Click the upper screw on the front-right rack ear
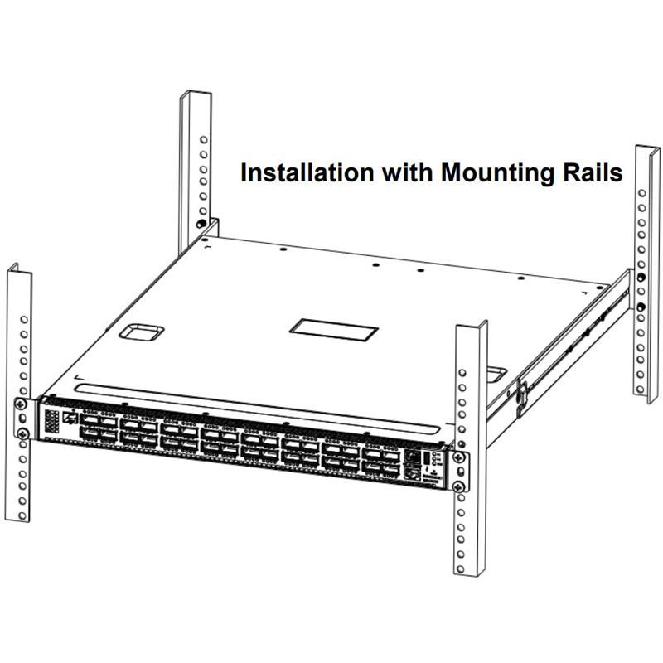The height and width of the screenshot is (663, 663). tap(458, 457)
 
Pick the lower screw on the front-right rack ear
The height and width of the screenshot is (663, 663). tap(458, 486)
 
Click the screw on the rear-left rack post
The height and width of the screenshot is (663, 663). tap(201, 224)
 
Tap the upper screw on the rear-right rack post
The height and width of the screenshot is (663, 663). tap(641, 277)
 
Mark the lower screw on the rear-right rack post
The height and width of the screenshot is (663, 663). tap(641, 307)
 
